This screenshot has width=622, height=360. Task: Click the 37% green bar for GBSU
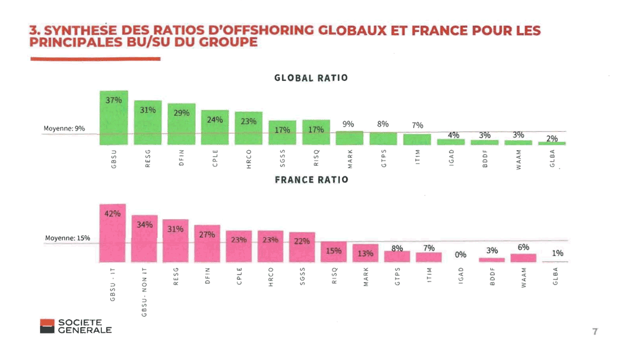(x=114, y=118)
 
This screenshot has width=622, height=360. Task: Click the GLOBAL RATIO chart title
(x=310, y=77)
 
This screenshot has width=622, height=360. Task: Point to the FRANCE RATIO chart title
(x=311, y=180)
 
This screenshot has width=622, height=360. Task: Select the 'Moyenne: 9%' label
(x=64, y=129)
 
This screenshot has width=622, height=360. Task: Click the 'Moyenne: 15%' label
(x=67, y=238)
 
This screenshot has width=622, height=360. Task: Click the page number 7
(x=594, y=332)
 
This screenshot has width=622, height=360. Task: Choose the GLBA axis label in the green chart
(x=552, y=161)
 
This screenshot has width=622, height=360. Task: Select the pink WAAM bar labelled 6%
(x=522, y=258)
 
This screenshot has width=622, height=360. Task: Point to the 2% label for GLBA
(x=552, y=138)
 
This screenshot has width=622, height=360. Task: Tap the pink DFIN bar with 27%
(x=207, y=244)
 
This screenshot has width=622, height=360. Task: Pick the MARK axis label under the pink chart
(x=366, y=277)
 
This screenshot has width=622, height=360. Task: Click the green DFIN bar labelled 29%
(x=182, y=124)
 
